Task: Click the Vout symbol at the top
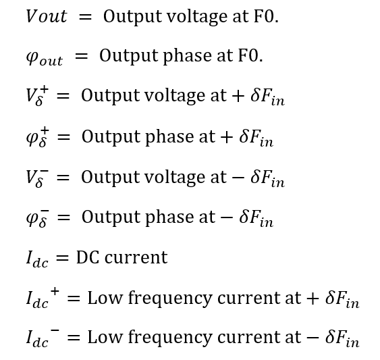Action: [47, 16]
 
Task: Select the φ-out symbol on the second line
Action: [45, 57]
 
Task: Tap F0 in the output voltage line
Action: [266, 16]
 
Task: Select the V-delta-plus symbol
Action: [37, 97]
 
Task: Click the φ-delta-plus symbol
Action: [38, 138]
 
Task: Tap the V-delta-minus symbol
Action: [37, 178]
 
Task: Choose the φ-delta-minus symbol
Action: [38, 218]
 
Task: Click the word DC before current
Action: [88, 257]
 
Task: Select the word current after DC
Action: [136, 257]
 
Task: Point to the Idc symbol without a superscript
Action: [37, 259]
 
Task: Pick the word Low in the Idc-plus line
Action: [105, 298]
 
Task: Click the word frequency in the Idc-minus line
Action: [170, 338]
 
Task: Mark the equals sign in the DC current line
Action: [62, 258]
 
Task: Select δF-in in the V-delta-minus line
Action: [267, 178]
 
